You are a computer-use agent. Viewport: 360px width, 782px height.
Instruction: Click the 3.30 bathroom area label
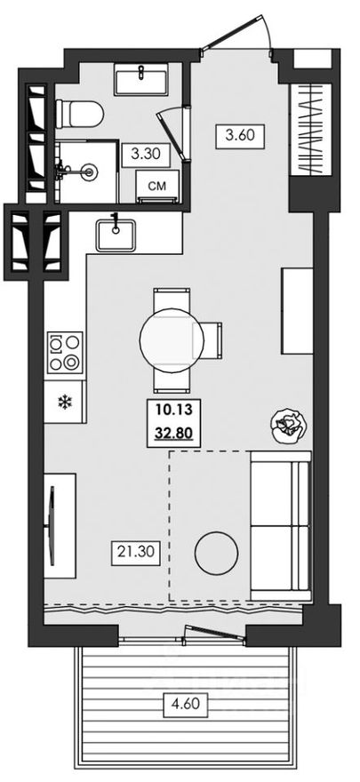(146, 155)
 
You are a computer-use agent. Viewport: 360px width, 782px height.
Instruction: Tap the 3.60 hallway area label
(239, 136)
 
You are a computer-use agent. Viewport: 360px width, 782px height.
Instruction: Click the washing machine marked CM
(157, 186)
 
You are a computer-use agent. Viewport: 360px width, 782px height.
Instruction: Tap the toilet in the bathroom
(80, 114)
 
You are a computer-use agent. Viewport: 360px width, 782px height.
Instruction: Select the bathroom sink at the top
(142, 79)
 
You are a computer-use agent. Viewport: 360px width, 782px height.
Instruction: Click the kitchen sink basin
(116, 235)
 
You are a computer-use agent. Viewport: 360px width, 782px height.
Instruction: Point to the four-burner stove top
(65, 352)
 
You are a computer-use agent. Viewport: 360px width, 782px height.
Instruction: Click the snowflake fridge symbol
(64, 402)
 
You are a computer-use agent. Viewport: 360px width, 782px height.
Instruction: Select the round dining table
(172, 340)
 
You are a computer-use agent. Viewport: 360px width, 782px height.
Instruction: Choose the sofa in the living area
(281, 526)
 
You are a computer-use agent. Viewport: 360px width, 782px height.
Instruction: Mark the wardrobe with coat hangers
(310, 129)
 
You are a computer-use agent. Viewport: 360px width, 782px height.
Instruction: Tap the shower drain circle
(89, 172)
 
